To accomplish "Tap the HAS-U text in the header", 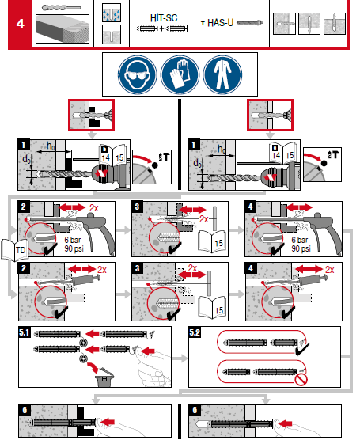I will [225, 23].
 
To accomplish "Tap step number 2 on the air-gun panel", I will [25, 207].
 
